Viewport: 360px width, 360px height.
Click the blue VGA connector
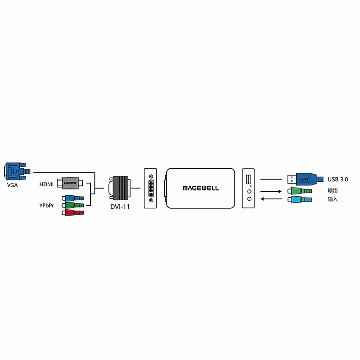(x=16, y=171)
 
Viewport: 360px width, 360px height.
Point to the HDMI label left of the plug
(x=46, y=184)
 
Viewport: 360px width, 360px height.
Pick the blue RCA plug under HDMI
(x=72, y=198)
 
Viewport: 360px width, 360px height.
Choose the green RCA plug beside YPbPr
(x=72, y=205)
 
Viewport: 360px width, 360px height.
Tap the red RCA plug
(x=72, y=212)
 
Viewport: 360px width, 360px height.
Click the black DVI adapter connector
(x=119, y=188)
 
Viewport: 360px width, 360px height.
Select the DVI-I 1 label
(x=120, y=207)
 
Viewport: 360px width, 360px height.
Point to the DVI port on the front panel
(x=150, y=188)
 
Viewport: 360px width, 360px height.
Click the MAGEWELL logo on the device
(x=201, y=188)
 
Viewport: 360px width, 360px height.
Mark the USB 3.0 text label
(x=337, y=179)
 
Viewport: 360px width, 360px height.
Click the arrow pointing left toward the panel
(x=272, y=199)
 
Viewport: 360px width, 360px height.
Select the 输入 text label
(x=333, y=199)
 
